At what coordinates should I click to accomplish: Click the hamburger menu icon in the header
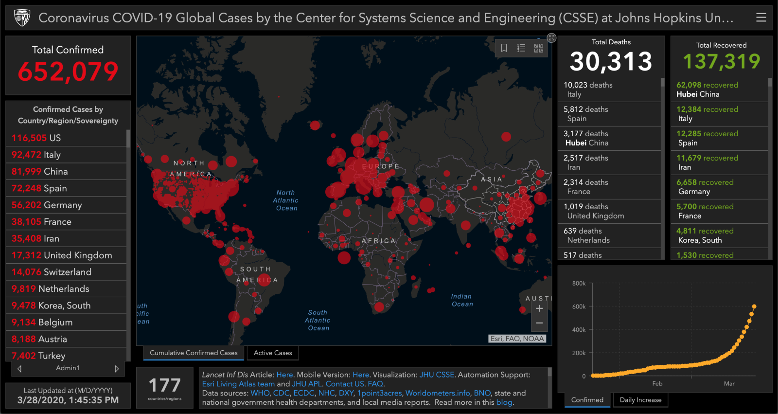pos(761,18)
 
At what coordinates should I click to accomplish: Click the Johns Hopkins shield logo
pos(22,18)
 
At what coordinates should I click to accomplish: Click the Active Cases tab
pos(273,353)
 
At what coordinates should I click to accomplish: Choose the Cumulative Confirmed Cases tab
pos(194,353)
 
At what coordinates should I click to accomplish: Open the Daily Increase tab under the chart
pos(640,400)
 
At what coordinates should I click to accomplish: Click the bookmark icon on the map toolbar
pos(504,48)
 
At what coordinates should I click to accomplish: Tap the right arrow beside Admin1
pos(117,369)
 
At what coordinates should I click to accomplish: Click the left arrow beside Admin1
pos(19,369)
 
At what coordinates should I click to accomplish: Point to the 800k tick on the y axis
pos(579,283)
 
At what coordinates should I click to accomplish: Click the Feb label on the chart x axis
pos(657,383)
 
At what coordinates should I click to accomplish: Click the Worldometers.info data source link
pos(438,393)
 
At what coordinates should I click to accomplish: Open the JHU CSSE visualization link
pos(437,375)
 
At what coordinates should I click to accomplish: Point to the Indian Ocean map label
pos(461,300)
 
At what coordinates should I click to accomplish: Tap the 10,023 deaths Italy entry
pos(609,90)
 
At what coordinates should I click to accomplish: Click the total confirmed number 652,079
pos(68,72)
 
